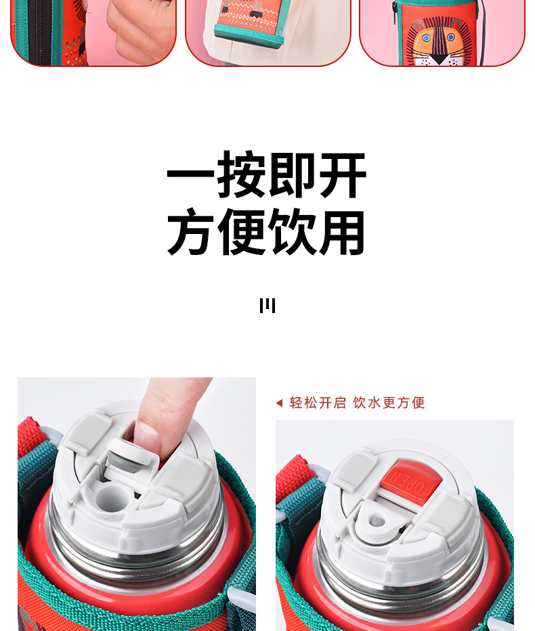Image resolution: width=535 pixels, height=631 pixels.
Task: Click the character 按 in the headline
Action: pos(241,174)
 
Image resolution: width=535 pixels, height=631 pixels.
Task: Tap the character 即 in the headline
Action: pos(291,174)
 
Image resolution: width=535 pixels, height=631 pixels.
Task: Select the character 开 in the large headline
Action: pos(343,174)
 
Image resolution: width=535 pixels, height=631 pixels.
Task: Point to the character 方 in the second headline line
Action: pos(190,231)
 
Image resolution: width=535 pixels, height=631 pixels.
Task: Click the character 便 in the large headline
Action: pos(241,231)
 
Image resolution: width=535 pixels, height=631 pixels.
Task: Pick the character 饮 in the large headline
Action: pos(292,231)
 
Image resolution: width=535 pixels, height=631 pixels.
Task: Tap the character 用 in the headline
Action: pos(342,232)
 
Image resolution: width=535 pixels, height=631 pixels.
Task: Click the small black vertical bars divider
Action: pos(267,306)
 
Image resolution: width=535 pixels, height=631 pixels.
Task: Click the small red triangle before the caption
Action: pos(279,403)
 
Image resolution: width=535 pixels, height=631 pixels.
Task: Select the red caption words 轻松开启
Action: pos(318,403)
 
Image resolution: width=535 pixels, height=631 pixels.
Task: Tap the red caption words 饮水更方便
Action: pos(389,403)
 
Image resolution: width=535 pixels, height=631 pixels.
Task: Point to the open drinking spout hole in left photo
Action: pos(112,498)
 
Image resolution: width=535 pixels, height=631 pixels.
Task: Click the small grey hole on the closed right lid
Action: pos(377,521)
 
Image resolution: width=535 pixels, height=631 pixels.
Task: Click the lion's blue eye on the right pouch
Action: pos(451,37)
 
